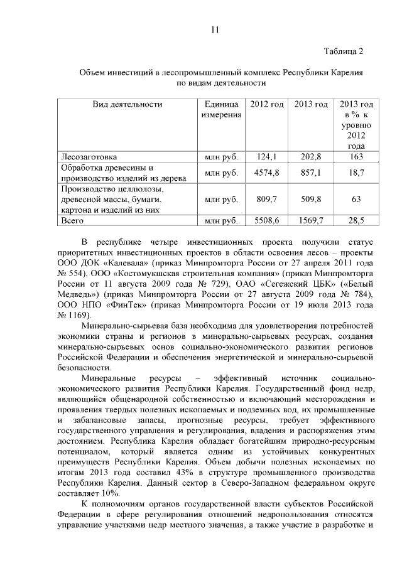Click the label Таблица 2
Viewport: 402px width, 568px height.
tap(344, 51)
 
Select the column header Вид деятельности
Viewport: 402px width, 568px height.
tap(128, 104)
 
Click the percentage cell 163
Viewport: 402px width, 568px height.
tap(356, 157)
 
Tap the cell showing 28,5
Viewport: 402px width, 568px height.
tap(356, 221)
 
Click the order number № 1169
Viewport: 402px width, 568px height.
tap(74, 314)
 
